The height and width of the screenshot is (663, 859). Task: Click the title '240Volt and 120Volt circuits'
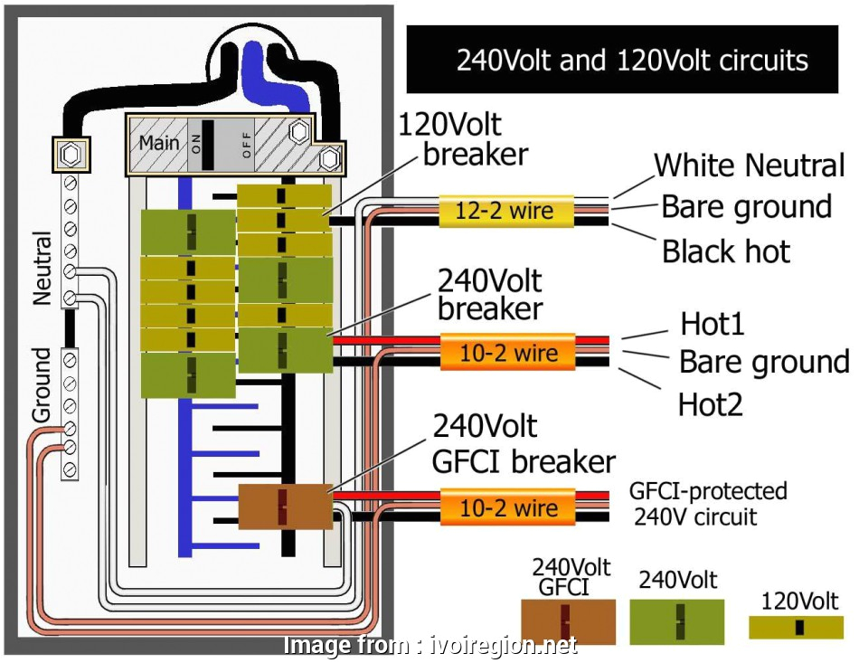point(631,61)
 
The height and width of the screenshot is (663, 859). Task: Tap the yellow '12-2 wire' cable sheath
point(507,212)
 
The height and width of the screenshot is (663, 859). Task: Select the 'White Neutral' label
point(749,166)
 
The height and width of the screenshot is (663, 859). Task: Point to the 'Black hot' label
point(726,251)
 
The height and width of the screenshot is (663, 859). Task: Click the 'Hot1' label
point(713,323)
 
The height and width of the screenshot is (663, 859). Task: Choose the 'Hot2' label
point(711,403)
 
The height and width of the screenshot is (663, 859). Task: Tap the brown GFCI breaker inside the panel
point(284,507)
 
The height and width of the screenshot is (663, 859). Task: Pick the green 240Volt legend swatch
point(678,621)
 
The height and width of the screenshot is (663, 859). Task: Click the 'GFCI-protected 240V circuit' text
point(708,504)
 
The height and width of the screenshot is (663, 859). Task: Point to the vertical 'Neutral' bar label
point(43,268)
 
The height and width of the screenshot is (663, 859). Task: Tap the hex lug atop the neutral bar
point(69,155)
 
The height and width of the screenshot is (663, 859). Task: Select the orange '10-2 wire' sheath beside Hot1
point(507,352)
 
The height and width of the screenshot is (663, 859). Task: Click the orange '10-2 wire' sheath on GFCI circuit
point(507,507)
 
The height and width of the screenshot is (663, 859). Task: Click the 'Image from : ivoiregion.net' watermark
point(430,646)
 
